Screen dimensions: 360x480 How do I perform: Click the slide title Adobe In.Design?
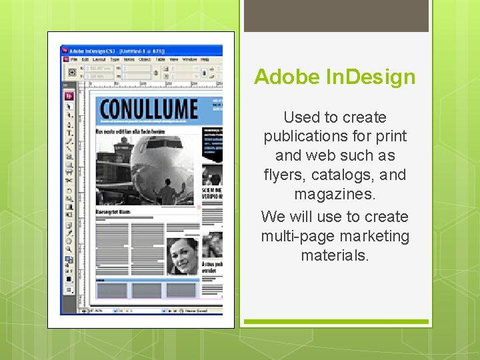(335, 77)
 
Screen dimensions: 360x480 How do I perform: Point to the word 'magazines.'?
(335, 195)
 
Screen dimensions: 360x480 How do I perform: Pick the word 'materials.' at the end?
(335, 255)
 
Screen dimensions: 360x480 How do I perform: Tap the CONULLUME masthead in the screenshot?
(149, 109)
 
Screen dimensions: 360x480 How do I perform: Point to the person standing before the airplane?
(165, 194)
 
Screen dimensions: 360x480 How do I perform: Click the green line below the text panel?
(336, 321)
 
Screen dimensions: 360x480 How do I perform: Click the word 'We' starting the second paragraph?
(273, 217)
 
